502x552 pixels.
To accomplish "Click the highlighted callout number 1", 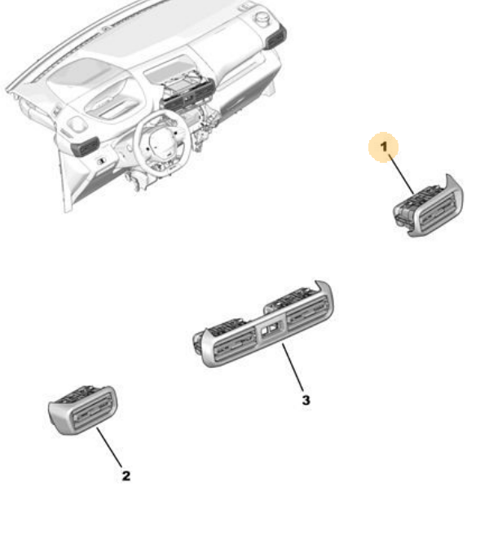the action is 384,147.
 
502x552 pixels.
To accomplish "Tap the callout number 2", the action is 125,475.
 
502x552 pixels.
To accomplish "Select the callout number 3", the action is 306,400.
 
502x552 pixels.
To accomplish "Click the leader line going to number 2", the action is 109,447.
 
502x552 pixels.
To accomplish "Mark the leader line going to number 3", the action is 293,367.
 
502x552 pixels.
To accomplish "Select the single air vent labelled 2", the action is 82,410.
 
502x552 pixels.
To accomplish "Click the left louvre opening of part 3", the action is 235,344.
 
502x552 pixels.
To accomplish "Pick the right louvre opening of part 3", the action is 306,311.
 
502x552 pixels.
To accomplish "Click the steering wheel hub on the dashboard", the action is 162,143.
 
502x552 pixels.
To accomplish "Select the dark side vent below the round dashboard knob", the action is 275,37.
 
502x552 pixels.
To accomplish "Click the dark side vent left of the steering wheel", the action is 85,147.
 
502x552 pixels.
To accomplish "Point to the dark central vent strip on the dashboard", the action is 187,96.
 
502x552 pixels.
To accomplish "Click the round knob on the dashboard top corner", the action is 262,17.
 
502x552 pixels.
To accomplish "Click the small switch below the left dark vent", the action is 101,161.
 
